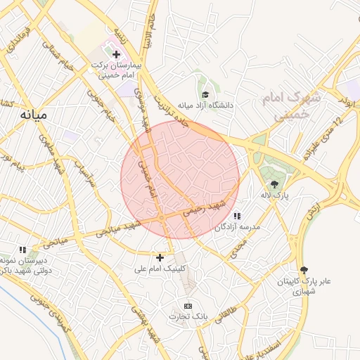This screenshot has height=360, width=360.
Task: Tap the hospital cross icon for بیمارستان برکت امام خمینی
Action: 116,54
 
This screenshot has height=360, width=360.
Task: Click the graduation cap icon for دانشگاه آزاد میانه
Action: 205,95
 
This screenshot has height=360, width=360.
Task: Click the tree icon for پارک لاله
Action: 284,184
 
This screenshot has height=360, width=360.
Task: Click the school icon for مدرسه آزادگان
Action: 237,216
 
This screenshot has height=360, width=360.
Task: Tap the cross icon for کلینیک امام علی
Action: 160,257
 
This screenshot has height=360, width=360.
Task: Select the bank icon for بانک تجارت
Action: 188,306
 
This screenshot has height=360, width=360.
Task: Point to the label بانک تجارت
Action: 188,317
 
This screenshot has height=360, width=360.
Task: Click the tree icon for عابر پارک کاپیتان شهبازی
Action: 304,270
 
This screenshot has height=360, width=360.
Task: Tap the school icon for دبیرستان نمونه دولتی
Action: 22,250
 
